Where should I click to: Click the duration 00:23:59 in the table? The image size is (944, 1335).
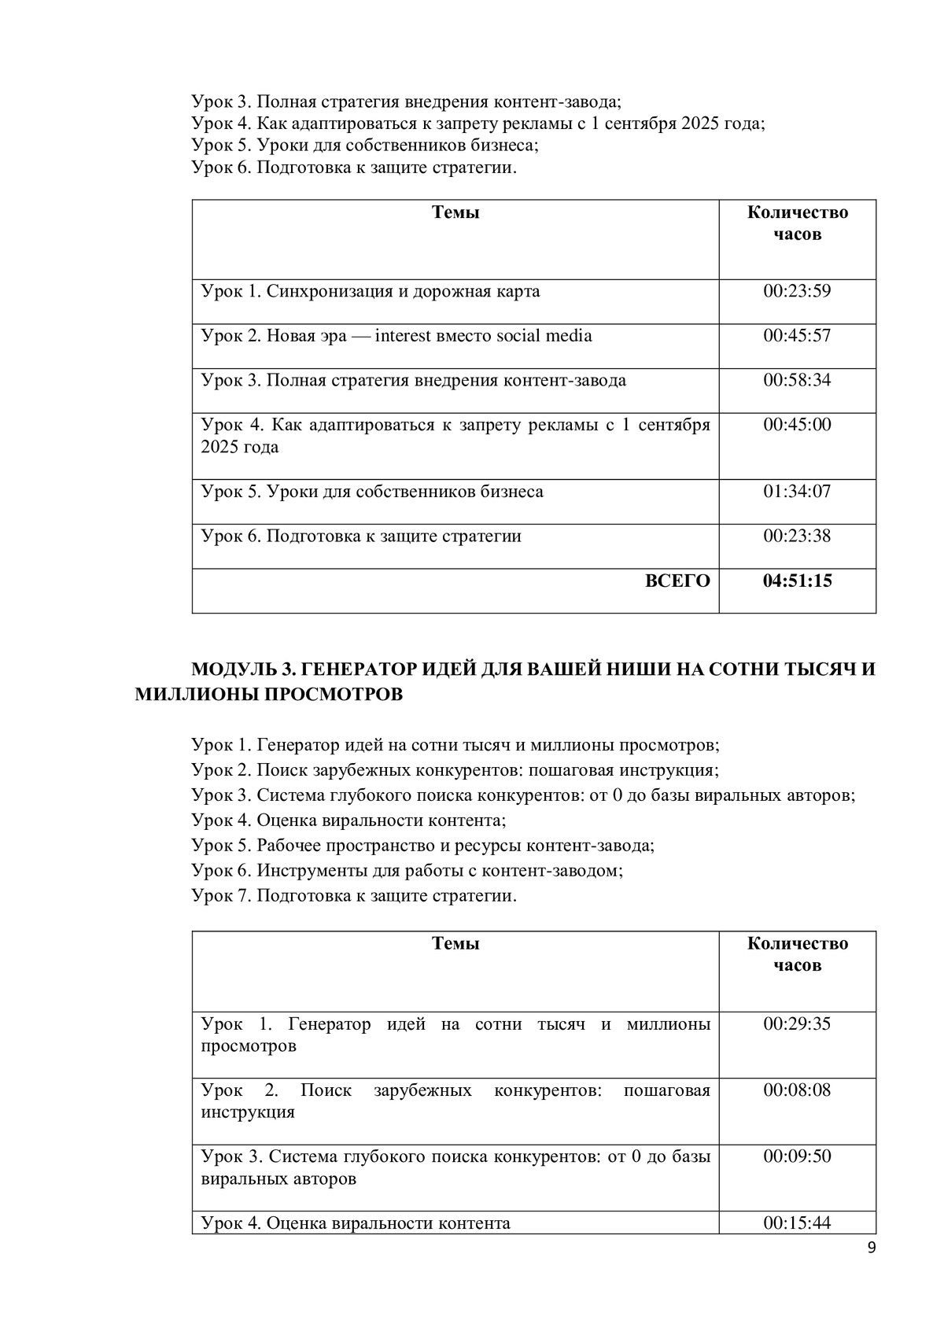click(x=797, y=292)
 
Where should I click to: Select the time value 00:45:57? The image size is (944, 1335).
click(x=797, y=336)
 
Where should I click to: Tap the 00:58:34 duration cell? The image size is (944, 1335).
click(x=797, y=381)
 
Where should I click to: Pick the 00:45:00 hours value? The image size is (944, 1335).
click(x=797, y=425)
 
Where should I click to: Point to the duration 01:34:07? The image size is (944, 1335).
click(x=797, y=492)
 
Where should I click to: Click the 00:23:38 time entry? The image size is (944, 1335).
click(x=797, y=537)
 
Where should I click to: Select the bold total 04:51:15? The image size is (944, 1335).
click(x=797, y=581)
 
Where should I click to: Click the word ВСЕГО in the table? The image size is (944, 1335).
click(x=677, y=581)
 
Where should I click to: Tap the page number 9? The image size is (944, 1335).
click(x=871, y=1248)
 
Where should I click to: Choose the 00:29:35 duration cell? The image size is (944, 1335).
click(x=797, y=1024)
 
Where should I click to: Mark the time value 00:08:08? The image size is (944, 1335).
click(x=797, y=1090)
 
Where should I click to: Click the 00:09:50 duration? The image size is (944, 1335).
click(x=797, y=1156)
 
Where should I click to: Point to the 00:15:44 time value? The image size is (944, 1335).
click(x=797, y=1223)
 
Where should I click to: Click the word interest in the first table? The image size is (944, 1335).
click(x=404, y=336)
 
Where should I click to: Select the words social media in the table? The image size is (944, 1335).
click(x=544, y=336)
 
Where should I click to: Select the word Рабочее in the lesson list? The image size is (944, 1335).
click(x=290, y=846)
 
